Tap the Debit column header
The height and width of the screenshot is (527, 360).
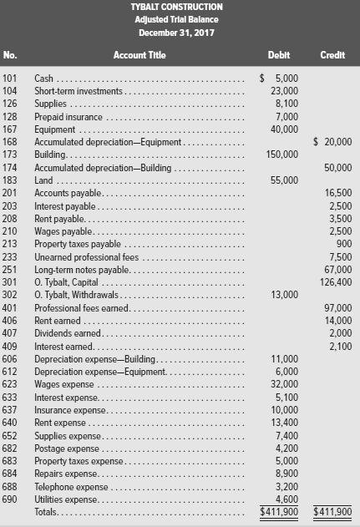(x=278, y=55)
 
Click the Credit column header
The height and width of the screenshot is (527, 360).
(x=332, y=55)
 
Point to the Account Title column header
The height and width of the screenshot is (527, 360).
(x=139, y=55)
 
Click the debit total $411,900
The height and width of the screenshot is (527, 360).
(x=277, y=512)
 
